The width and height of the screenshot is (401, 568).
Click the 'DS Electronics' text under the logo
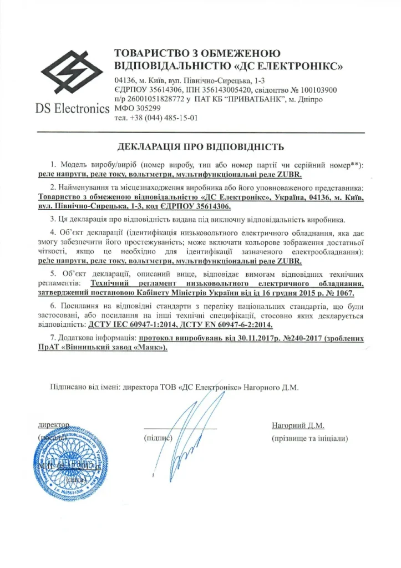click(x=73, y=108)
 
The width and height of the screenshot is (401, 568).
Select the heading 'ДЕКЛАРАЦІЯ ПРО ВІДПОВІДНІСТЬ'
click(x=201, y=147)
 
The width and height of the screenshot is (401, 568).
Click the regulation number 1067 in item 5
click(x=342, y=291)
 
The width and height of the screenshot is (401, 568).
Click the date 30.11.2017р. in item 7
click(x=237, y=338)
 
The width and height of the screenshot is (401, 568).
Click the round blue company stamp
click(x=64, y=460)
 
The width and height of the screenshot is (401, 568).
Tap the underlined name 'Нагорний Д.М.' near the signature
click(x=298, y=425)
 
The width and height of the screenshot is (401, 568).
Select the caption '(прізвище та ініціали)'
click(x=309, y=439)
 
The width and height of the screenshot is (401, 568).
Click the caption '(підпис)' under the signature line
click(x=159, y=439)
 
